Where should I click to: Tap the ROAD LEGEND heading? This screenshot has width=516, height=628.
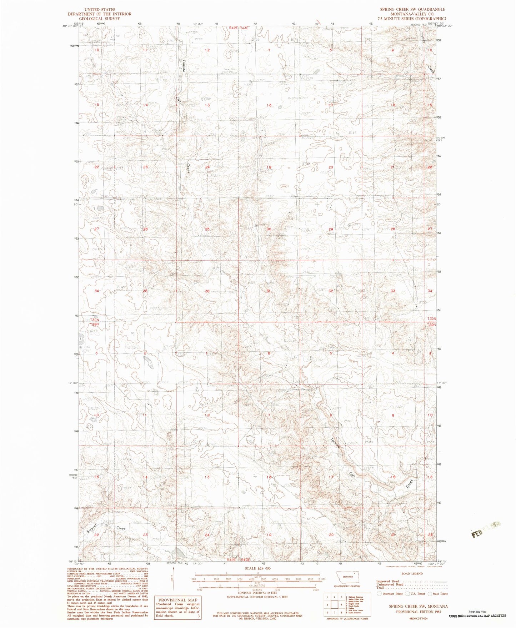click(x=412, y=574)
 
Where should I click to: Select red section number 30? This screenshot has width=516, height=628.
click(x=269, y=229)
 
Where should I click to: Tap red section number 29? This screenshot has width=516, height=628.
click(x=331, y=229)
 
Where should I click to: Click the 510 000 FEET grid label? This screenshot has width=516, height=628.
click(x=441, y=139)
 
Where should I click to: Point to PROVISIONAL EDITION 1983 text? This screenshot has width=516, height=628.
click(x=418, y=612)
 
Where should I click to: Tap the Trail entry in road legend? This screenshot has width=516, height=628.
click(x=380, y=588)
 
